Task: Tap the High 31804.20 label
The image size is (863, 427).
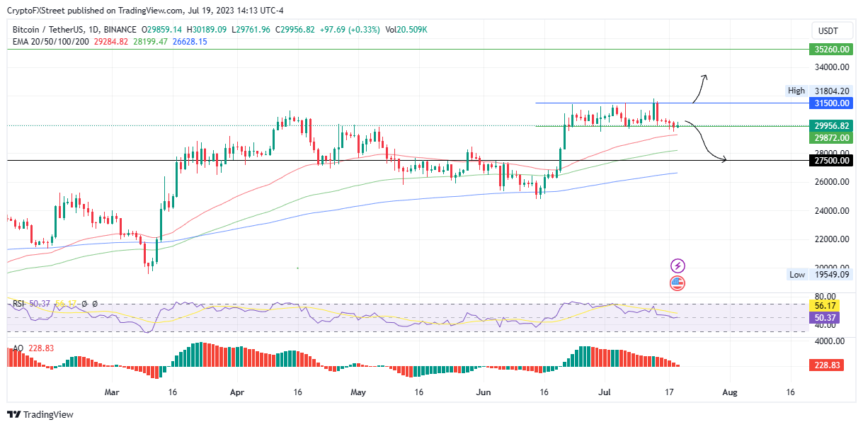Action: [818, 91]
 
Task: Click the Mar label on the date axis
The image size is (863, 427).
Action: [111, 392]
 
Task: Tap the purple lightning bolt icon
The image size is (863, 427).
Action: [678, 266]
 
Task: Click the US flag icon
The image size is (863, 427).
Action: [678, 283]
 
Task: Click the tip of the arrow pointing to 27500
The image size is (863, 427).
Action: [726, 161]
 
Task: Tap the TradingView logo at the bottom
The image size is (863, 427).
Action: [40, 415]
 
